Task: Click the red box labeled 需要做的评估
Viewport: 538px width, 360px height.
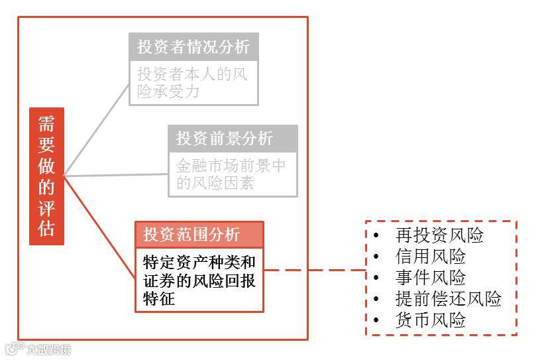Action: click(x=46, y=176)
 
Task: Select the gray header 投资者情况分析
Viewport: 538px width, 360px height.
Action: click(x=193, y=47)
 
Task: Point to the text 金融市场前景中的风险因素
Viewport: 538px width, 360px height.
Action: click(x=231, y=174)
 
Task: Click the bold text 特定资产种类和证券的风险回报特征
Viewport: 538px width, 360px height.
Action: click(x=199, y=279)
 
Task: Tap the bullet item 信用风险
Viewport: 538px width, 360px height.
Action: click(x=430, y=256)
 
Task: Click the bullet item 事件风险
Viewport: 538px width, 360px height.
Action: click(x=430, y=277)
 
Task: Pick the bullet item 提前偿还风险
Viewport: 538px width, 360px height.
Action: click(x=448, y=298)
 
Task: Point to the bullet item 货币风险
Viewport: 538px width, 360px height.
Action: click(x=430, y=320)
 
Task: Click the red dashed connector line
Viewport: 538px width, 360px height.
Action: click(x=315, y=270)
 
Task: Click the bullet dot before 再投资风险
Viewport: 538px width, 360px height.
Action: click(x=376, y=235)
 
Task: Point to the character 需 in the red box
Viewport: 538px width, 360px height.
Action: click(x=46, y=124)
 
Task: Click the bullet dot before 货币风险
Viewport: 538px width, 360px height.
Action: click(x=376, y=320)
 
